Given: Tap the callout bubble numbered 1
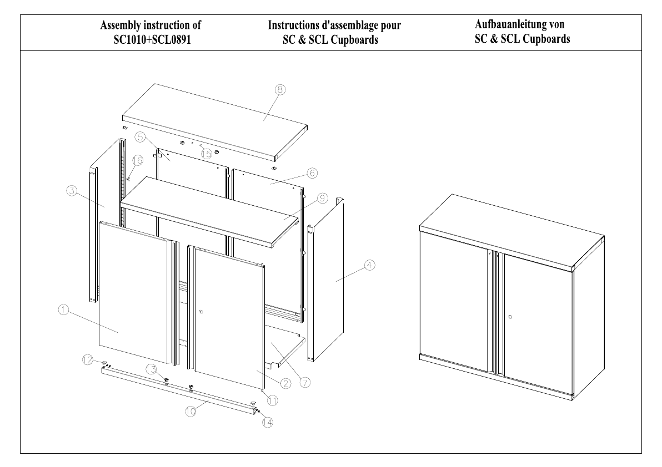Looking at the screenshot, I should [63, 311].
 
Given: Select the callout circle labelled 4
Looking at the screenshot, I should [369, 266].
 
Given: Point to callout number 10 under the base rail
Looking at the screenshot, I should [191, 412].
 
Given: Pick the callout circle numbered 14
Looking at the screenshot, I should [267, 422].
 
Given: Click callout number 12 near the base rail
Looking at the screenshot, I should [87, 360].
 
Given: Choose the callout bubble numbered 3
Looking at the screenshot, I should [71, 191].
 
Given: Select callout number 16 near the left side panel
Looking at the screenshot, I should [138, 160].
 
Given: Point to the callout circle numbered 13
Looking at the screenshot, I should [151, 369].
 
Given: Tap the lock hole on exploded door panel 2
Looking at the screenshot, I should [202, 312].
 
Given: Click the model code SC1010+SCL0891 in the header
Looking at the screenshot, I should [152, 40].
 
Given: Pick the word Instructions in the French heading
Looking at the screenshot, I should [293, 26].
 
